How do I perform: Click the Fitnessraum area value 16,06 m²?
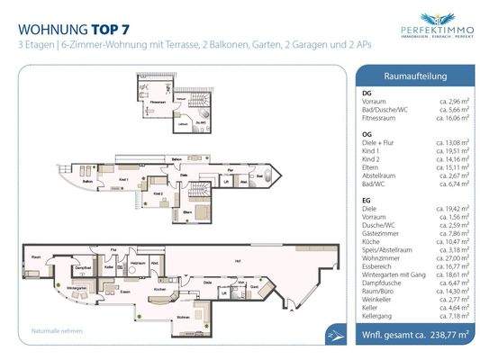click(x=443, y=117)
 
